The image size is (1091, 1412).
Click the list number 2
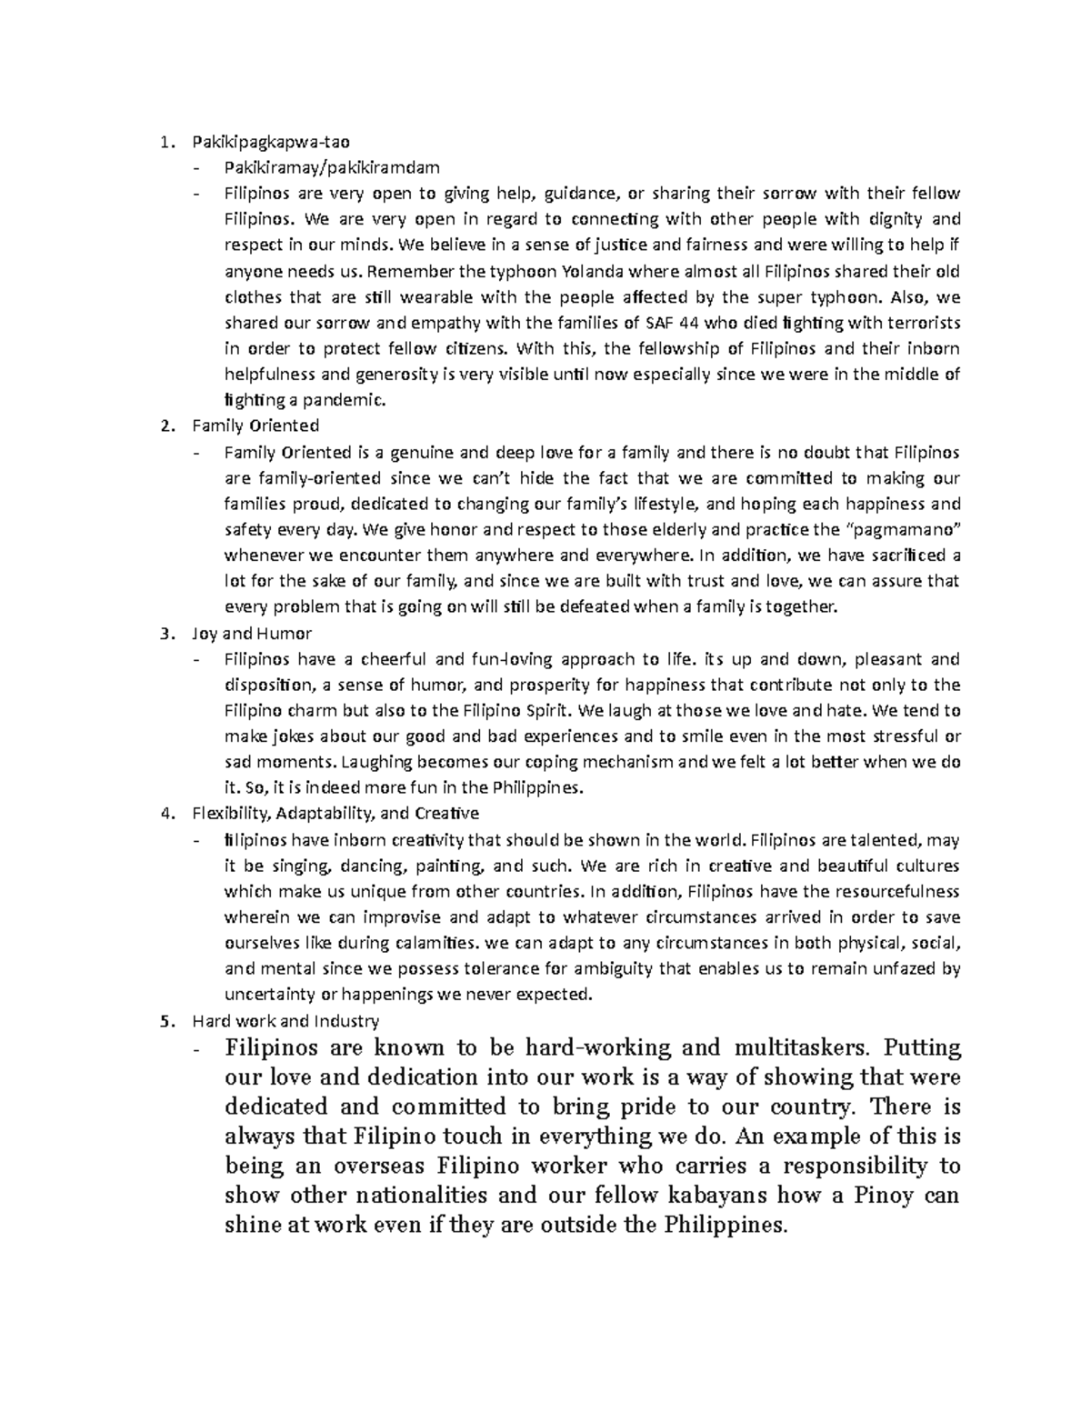[164, 426]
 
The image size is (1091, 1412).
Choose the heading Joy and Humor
[252, 633]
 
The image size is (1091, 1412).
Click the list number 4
[164, 813]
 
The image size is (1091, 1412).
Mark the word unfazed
[909, 968]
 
